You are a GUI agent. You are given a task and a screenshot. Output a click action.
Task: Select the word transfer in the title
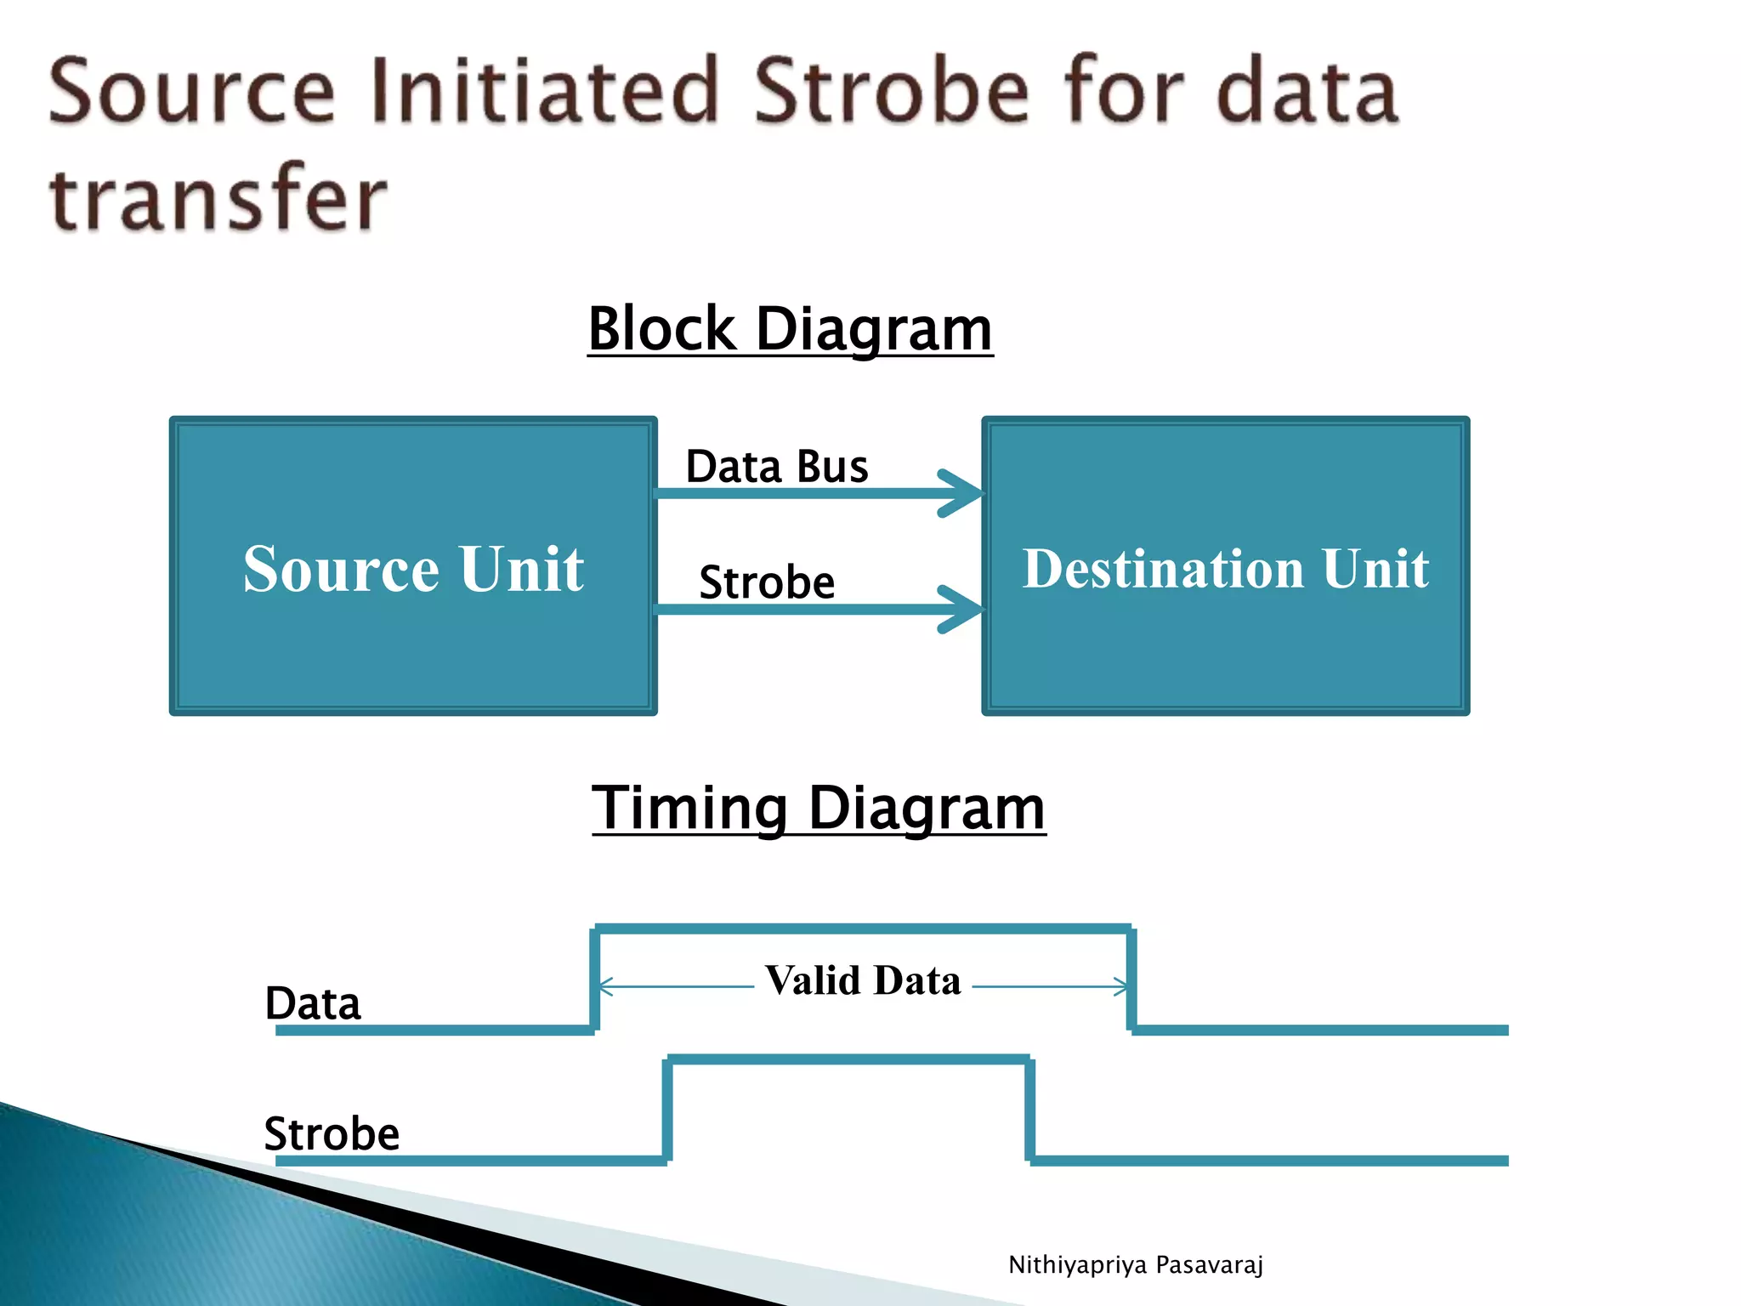218,197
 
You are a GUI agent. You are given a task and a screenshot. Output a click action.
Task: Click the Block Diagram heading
790,329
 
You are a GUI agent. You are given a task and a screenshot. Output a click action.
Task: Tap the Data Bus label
777,467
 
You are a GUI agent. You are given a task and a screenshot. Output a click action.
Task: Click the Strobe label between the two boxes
767,583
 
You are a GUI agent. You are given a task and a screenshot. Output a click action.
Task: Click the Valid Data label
863,980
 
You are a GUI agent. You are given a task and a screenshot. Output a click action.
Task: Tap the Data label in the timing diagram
313,1003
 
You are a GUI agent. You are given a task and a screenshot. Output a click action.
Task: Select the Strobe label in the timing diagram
332,1133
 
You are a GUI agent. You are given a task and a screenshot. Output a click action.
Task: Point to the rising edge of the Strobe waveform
668,1110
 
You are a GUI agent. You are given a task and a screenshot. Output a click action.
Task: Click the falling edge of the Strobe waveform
1029,1110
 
